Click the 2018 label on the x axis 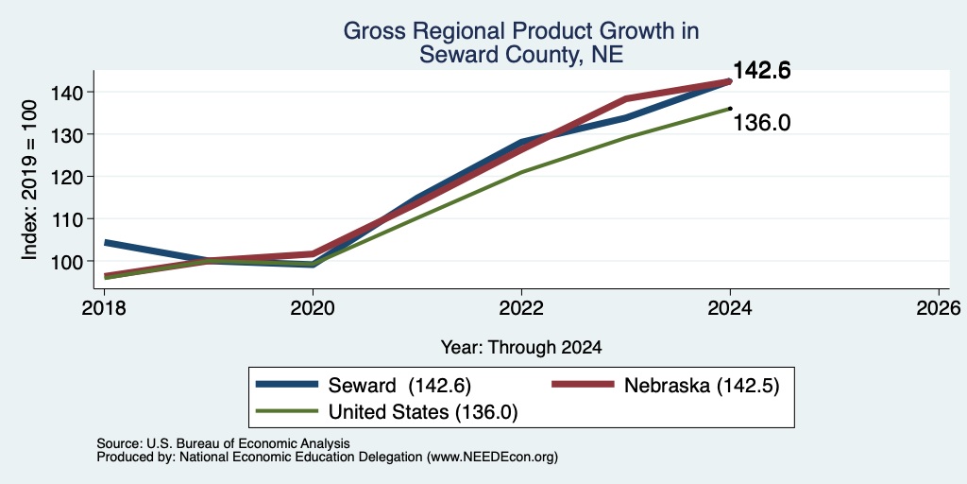[104, 307]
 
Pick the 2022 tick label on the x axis [521, 307]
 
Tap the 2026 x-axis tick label [939, 307]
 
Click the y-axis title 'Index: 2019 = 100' [29, 180]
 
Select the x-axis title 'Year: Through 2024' [521, 348]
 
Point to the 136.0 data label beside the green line [762, 123]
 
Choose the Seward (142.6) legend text [399, 386]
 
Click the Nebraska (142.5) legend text [702, 386]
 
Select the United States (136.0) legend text [422, 412]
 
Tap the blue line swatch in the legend [287, 385]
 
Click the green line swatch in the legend [287, 410]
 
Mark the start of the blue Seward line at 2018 [105, 243]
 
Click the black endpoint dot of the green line [730, 109]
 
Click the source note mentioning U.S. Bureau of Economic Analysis [223, 443]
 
